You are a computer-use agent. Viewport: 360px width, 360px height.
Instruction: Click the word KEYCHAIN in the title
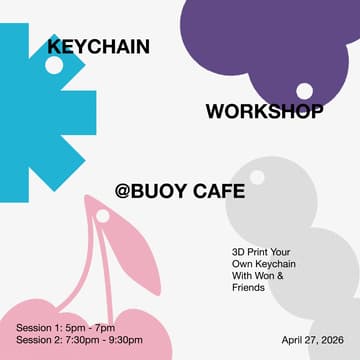tap(98, 46)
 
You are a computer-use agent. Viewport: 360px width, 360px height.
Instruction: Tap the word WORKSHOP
tap(264, 111)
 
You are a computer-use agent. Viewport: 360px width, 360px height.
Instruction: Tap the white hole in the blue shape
tap(54, 65)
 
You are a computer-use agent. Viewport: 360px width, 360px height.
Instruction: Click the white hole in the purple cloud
tap(304, 91)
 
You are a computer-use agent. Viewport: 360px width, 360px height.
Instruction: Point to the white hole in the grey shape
tap(257, 177)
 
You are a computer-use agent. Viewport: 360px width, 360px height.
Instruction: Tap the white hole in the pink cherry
tap(102, 215)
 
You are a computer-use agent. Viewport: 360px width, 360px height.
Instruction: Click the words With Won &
tap(257, 275)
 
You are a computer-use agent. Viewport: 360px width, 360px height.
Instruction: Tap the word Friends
tap(247, 287)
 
